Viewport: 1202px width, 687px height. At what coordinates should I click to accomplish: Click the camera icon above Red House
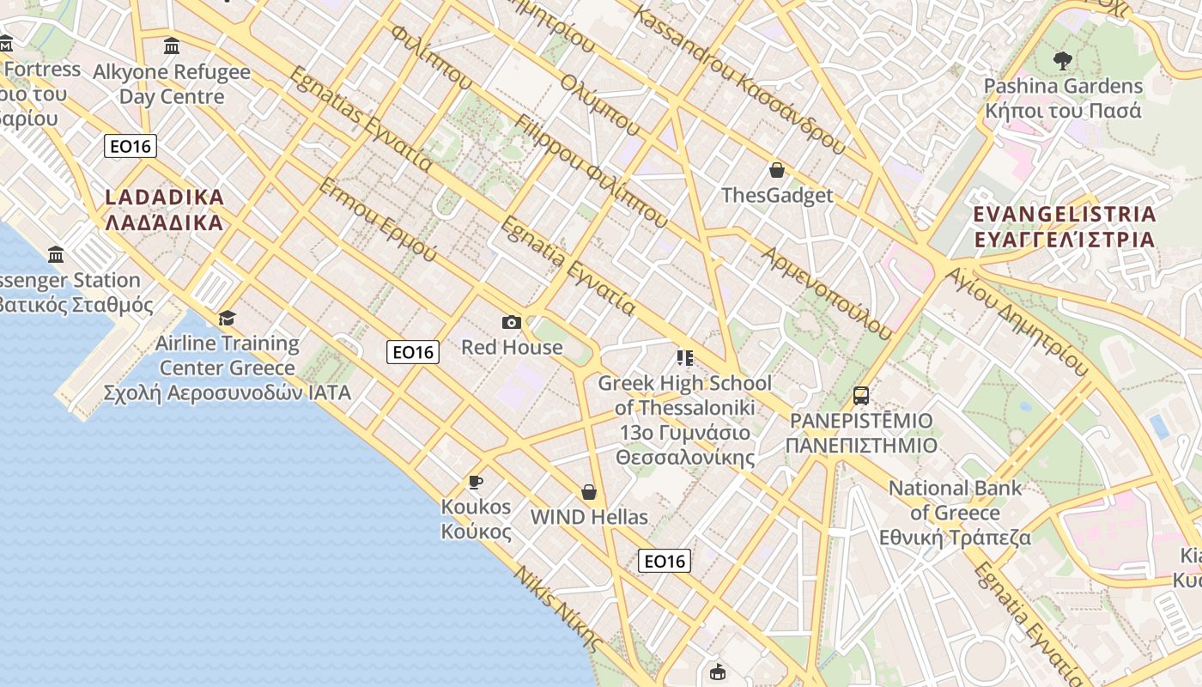[x=512, y=323]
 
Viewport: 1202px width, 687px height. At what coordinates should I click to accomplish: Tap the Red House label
[x=512, y=348]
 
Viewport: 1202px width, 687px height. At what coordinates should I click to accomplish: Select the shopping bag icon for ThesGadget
[x=777, y=171]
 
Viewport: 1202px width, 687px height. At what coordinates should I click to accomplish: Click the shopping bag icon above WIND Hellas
[x=589, y=492]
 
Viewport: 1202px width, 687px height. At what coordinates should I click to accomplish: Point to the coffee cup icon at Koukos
[x=476, y=482]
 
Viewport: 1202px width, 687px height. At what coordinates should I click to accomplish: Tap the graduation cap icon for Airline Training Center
[x=227, y=319]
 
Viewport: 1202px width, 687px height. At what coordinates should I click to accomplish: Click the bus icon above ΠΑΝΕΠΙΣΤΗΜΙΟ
[x=861, y=396]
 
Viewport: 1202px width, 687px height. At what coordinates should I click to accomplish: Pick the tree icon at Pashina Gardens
[x=1063, y=61]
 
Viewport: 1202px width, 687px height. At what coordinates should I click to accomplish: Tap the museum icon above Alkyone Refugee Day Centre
[x=172, y=46]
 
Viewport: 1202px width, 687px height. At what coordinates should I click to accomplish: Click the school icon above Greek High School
[x=684, y=358]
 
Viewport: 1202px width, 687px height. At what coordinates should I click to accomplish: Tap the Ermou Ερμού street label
[x=378, y=221]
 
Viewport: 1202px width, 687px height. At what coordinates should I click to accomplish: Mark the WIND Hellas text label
[x=589, y=517]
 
